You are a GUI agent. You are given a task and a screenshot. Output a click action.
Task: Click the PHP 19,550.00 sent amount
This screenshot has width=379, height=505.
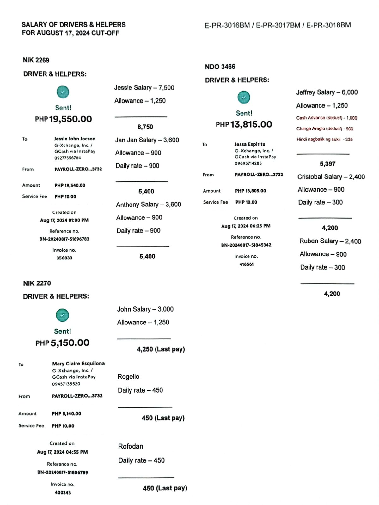pyautogui.click(x=64, y=119)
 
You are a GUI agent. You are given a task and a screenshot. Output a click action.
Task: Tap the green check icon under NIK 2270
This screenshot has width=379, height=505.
pyautogui.click(x=62, y=315)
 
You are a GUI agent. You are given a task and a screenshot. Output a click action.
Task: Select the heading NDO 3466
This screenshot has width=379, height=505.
pyautogui.click(x=220, y=67)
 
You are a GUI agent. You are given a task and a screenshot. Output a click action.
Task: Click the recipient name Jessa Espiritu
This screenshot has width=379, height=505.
pyautogui.click(x=250, y=144)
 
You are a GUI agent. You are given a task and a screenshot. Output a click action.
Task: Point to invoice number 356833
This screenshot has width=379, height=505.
pyautogui.click(x=64, y=258)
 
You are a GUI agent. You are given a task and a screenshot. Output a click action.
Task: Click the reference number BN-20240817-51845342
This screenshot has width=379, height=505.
pyautogui.click(x=246, y=245)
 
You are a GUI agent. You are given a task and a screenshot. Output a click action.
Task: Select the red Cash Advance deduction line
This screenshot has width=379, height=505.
pyautogui.click(x=327, y=118)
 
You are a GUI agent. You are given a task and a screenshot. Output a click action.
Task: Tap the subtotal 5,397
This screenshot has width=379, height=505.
pyautogui.click(x=327, y=164)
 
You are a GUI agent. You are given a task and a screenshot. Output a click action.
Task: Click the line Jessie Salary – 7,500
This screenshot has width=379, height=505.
pyautogui.click(x=144, y=88)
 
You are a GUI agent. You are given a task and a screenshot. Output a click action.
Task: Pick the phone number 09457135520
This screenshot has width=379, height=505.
pyautogui.click(x=66, y=384)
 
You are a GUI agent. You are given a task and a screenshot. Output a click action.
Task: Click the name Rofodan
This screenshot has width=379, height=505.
pyautogui.click(x=131, y=446)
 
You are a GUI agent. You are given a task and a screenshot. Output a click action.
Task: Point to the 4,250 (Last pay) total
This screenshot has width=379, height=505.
pyautogui.click(x=161, y=349)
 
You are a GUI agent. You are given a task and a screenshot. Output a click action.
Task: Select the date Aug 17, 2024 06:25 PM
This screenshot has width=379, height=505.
pyautogui.click(x=246, y=226)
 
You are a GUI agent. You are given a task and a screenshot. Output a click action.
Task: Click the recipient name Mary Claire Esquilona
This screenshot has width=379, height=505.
pyautogui.click(x=78, y=364)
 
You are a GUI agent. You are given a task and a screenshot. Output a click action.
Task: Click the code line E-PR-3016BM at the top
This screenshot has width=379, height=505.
pyautogui.click(x=227, y=25)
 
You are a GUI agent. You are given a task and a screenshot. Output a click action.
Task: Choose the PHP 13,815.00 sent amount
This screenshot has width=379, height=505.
pyautogui.click(x=244, y=124)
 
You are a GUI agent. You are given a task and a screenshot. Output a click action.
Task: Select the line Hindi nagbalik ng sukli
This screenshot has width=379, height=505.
pyautogui.click(x=324, y=139)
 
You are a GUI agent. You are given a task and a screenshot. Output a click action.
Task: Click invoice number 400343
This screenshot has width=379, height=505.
pyautogui.click(x=63, y=492)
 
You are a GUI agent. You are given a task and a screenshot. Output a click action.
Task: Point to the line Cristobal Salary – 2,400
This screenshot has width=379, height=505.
pyautogui.click(x=331, y=177)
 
